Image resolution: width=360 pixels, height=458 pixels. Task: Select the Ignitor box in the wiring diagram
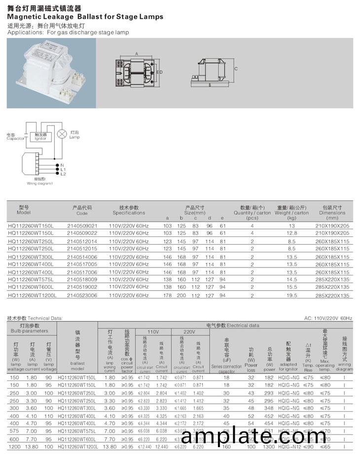click(x=40, y=136)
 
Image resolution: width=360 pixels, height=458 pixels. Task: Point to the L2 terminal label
click(x=63, y=174)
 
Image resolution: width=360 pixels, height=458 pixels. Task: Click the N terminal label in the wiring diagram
click(x=62, y=165)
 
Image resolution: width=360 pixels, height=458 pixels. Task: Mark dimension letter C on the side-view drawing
click(x=236, y=69)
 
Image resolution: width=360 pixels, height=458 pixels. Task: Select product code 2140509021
click(x=82, y=226)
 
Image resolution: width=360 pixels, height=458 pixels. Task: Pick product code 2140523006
click(x=82, y=295)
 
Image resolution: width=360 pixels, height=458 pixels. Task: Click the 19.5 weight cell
click(x=292, y=295)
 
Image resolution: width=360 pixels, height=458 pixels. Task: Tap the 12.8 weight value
click(x=292, y=232)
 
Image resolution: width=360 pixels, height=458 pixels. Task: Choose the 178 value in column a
click(x=167, y=295)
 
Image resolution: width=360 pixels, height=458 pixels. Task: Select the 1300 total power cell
click(x=269, y=446)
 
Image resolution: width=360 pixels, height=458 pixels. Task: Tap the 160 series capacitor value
click(x=227, y=446)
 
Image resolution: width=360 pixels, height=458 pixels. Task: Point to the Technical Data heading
click(x=35, y=318)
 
